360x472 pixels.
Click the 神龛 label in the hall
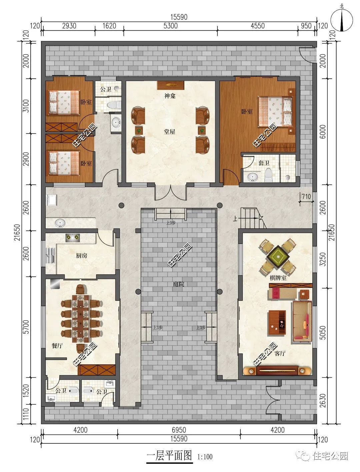170,96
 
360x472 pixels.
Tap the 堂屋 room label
170,132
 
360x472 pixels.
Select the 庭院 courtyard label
178,284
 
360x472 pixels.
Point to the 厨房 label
81,256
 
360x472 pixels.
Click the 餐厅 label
57,346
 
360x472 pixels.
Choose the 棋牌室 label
278,278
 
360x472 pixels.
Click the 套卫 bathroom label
264,163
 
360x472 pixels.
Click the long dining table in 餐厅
81,318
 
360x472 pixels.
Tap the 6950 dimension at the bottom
179,430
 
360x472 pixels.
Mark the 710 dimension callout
306,197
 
